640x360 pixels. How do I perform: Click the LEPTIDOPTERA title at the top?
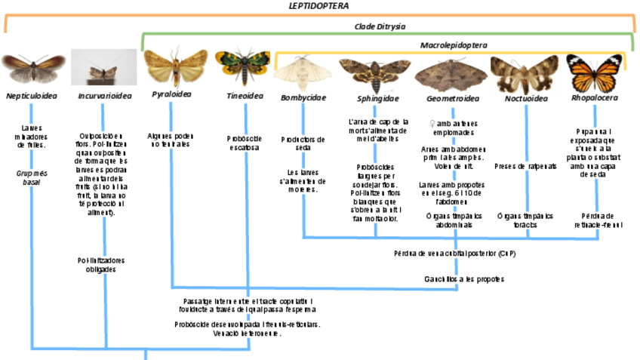tap(318, 6)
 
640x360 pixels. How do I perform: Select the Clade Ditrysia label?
tap(380, 26)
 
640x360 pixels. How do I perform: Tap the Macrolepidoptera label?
tap(453, 45)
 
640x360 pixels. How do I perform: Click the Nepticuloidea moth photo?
tap(32, 68)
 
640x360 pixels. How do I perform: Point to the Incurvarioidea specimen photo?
tap(103, 68)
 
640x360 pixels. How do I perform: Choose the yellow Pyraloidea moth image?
tap(174, 67)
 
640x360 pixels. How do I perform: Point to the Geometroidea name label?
tap(453, 98)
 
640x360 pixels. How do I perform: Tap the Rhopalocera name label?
tap(594, 97)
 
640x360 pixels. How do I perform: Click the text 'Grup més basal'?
tap(32, 177)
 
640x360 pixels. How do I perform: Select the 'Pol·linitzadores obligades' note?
tap(103, 264)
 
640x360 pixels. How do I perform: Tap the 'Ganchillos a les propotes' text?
tap(454, 279)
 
